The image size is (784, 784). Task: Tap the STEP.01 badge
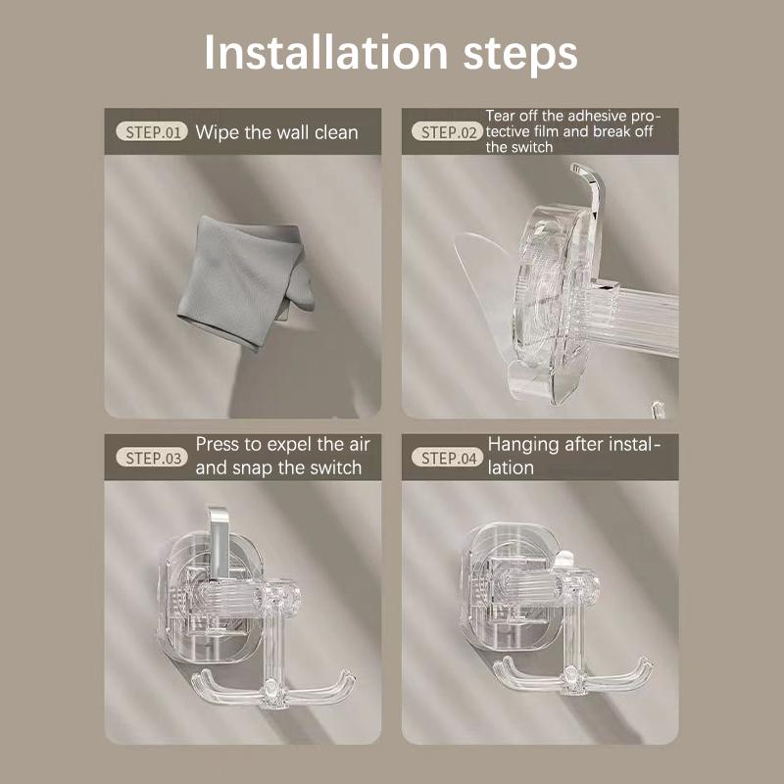pos(151,131)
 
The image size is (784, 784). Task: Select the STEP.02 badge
pos(447,131)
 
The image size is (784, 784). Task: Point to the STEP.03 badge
pos(151,457)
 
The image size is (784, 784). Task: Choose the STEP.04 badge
pos(447,457)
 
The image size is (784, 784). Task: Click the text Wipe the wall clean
pos(277,131)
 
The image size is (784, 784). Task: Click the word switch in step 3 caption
pos(329,467)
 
